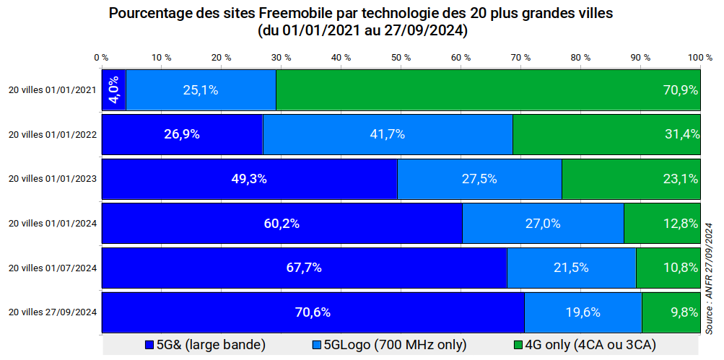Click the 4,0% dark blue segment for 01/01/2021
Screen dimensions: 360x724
[113, 90]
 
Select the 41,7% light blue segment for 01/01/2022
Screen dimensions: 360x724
[388, 134]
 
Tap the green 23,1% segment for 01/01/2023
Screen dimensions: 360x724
[630, 179]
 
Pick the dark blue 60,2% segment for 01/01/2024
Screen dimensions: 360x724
[282, 224]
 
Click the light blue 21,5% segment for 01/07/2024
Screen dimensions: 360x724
[571, 268]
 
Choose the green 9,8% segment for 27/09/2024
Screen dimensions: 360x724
[671, 312]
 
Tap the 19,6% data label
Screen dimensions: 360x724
[583, 312]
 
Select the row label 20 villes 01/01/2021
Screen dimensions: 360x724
[52, 91]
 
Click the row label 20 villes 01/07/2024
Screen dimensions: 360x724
[52, 268]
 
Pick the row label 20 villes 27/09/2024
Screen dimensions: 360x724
[52, 312]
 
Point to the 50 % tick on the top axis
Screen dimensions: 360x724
[401, 57]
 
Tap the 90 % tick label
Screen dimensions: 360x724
[640, 57]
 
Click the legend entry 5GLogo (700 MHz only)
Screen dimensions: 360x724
[390, 344]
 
